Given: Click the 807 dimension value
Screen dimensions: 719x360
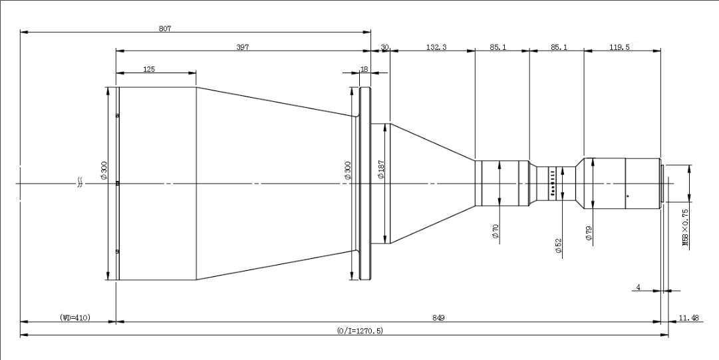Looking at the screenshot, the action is [x=164, y=29].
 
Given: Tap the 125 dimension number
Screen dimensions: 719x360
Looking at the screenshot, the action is [x=149, y=69].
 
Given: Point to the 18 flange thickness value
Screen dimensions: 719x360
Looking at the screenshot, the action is [x=364, y=69].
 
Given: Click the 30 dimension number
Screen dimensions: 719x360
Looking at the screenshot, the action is [x=384, y=47].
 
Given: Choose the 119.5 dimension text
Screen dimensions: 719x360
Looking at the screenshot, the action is [x=619, y=47].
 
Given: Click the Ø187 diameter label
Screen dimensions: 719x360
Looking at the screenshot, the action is [x=380, y=170].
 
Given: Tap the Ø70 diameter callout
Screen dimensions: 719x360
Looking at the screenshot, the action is [x=495, y=231].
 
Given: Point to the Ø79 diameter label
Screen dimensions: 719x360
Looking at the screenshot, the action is [x=589, y=234].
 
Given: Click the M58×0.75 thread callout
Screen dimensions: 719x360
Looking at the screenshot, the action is [x=686, y=228].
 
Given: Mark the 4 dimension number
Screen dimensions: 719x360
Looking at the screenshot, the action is [x=638, y=287].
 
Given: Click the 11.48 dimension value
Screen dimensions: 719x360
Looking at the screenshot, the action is [x=689, y=317].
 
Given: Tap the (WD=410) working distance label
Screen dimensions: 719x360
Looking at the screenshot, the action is [x=75, y=317].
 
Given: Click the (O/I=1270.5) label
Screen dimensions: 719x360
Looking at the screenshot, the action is [x=360, y=331].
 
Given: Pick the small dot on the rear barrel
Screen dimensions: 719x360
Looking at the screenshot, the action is [x=628, y=196].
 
